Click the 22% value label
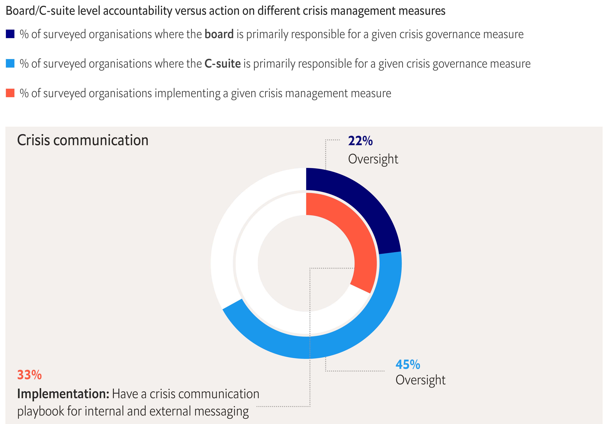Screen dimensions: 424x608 [360, 141]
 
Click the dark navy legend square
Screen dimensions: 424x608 [10, 34]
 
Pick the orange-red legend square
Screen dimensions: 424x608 [10, 93]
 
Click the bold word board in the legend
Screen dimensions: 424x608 [219, 34]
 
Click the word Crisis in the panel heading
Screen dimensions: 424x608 [33, 140]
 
